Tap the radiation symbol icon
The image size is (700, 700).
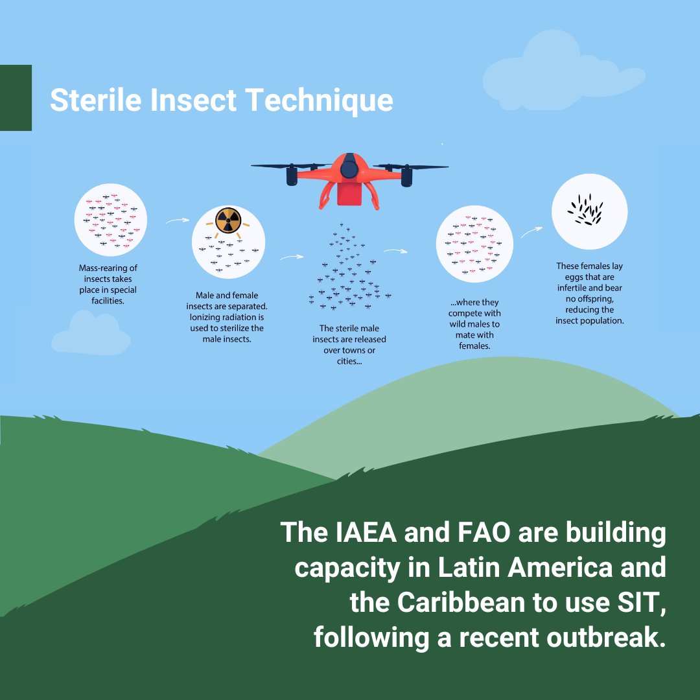pos(227,220)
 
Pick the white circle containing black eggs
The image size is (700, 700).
pos(589,211)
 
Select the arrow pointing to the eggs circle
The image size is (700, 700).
pos(531,232)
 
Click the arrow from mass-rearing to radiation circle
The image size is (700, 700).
pos(173,221)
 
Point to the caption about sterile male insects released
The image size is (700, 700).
pos(349,345)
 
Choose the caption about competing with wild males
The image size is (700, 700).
pos(474,324)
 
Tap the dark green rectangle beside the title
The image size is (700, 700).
pos(16,98)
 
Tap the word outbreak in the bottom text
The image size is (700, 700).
pos(603,637)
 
